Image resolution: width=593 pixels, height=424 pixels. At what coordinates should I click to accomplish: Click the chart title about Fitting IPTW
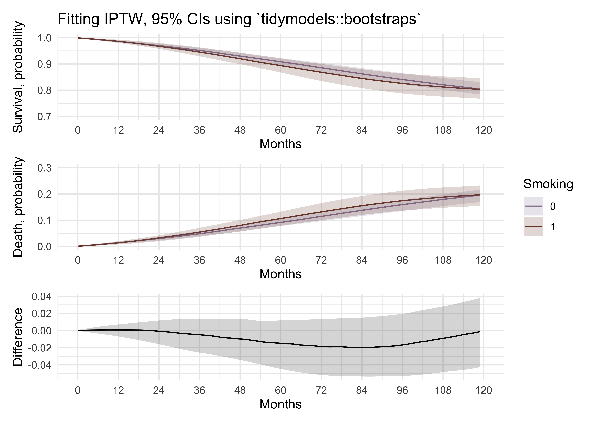pyautogui.click(x=239, y=19)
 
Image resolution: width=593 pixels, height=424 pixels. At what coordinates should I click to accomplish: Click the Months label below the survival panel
pyautogui.click(x=281, y=144)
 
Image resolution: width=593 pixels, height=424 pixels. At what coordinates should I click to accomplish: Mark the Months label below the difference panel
pyautogui.click(x=281, y=404)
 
